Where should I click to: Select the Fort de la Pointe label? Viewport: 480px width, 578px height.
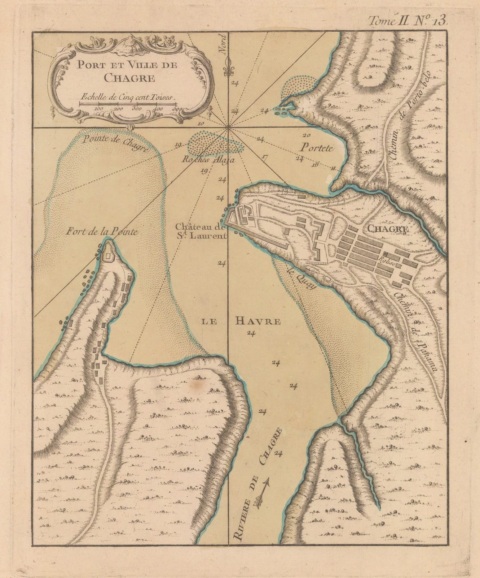point(102,232)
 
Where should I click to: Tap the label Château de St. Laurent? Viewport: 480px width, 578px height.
point(201,232)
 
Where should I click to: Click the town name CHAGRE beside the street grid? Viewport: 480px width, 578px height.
point(388,229)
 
